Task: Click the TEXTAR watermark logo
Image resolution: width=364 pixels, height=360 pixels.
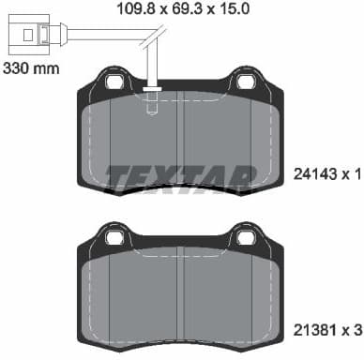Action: (180, 176)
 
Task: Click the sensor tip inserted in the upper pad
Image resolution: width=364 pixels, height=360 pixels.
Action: (152, 105)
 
